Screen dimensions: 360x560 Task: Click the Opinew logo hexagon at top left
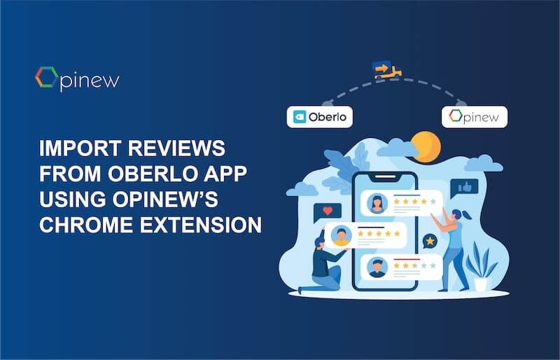[x=45, y=78]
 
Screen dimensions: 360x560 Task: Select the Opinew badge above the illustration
[x=475, y=117]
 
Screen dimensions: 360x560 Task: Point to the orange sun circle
[x=426, y=146]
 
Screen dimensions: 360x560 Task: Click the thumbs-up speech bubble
[x=464, y=187]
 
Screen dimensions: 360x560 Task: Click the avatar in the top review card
[x=378, y=203]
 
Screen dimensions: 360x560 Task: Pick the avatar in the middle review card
[x=342, y=236]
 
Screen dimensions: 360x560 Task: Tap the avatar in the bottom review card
[x=378, y=267]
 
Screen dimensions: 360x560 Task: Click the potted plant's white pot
[x=481, y=284]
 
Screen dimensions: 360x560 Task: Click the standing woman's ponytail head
[x=456, y=214]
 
